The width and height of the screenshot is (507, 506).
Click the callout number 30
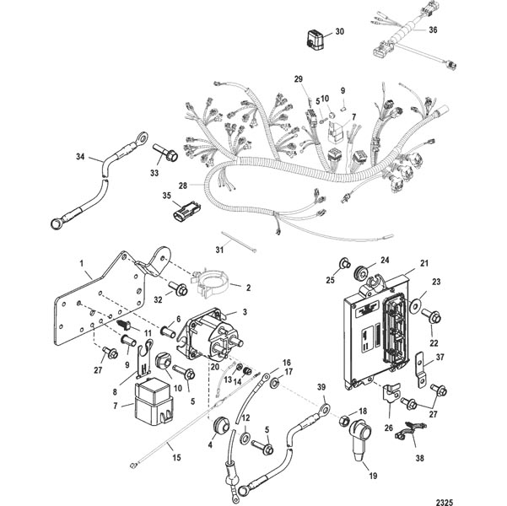pos(339,32)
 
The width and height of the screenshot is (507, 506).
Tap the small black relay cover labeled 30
pos(316,40)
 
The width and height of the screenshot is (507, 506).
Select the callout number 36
pos(433,30)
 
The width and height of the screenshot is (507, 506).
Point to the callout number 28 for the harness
pos(183,186)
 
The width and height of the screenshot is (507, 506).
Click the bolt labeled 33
pos(165,153)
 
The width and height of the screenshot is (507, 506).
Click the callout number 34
pos(80,157)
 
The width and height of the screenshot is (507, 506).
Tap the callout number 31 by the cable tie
pos(219,250)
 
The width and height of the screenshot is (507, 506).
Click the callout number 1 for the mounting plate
pos(82,264)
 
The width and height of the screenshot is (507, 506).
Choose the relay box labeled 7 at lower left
pos(154,400)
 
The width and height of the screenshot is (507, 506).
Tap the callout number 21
pos(423,263)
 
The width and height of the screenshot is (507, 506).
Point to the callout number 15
pos(176,457)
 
